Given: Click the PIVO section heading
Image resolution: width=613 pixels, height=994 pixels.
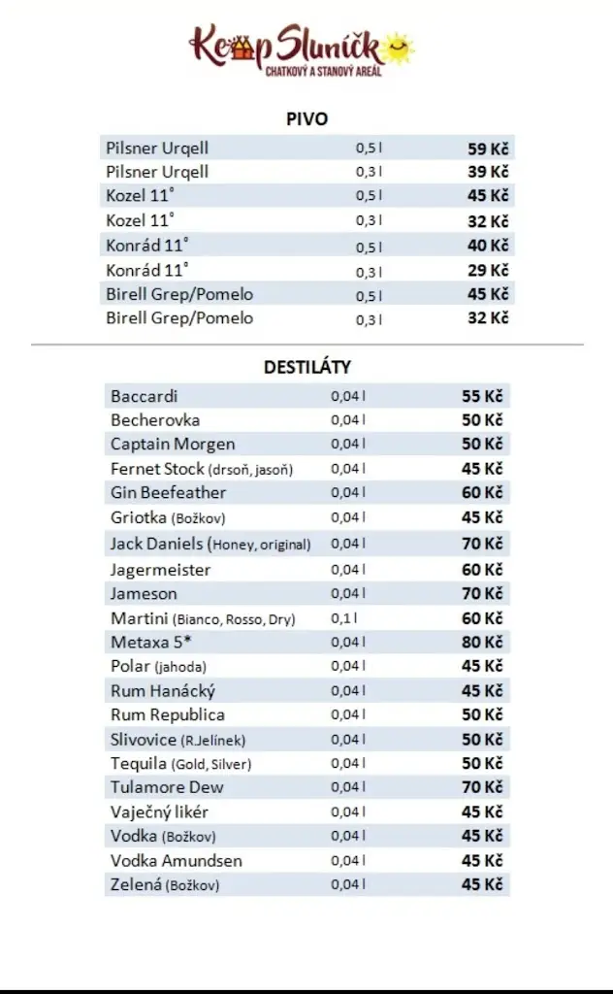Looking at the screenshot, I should pyautogui.click(x=306, y=119).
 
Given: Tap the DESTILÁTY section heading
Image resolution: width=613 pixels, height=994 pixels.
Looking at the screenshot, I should pyautogui.click(x=306, y=368).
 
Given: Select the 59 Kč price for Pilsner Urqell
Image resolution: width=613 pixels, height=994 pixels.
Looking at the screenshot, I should pyautogui.click(x=488, y=149).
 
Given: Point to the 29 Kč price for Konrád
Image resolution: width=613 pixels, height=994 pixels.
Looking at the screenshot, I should pyautogui.click(x=488, y=270).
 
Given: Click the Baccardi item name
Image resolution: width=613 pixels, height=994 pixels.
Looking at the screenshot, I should pyautogui.click(x=145, y=396).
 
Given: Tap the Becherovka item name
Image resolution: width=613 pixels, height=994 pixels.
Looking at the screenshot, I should pyautogui.click(x=155, y=420).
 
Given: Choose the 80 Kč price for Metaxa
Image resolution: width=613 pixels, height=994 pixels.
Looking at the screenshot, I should pyautogui.click(x=482, y=642).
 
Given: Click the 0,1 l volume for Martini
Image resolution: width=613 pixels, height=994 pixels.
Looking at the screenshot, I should pyautogui.click(x=343, y=618).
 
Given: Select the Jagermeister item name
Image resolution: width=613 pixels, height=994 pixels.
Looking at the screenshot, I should pyautogui.click(x=160, y=570).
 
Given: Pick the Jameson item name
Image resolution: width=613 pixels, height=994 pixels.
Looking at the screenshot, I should pyautogui.click(x=144, y=593).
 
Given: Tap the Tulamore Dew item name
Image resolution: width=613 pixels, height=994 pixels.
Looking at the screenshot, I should pyautogui.click(x=167, y=787).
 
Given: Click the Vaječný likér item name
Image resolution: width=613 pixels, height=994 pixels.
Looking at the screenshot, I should pyautogui.click(x=159, y=812).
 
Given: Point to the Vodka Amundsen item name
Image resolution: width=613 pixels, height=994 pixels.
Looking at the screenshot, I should pyautogui.click(x=177, y=860).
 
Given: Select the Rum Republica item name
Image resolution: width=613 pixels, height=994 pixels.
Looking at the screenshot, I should pyautogui.click(x=168, y=714).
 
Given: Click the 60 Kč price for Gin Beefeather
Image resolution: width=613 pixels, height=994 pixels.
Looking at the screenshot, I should pyautogui.click(x=482, y=492).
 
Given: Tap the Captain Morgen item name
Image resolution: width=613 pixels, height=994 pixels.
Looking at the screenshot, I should pyautogui.click(x=173, y=444).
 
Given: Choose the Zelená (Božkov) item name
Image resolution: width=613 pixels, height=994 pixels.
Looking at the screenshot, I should pyautogui.click(x=165, y=884).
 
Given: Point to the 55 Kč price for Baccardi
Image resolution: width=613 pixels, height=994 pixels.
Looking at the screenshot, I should pyautogui.click(x=482, y=396).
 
